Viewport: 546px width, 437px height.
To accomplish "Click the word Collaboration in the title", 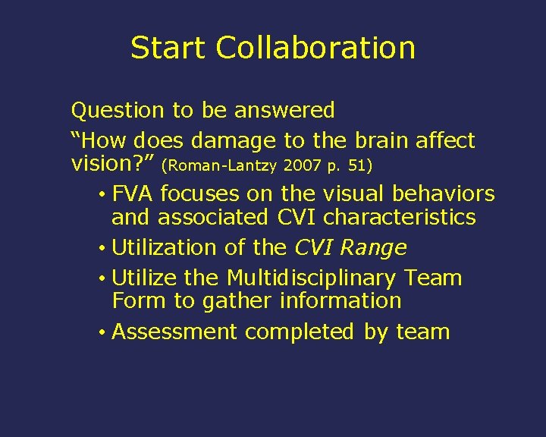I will tap(315, 48).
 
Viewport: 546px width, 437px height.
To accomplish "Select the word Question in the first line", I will tap(118, 111).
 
